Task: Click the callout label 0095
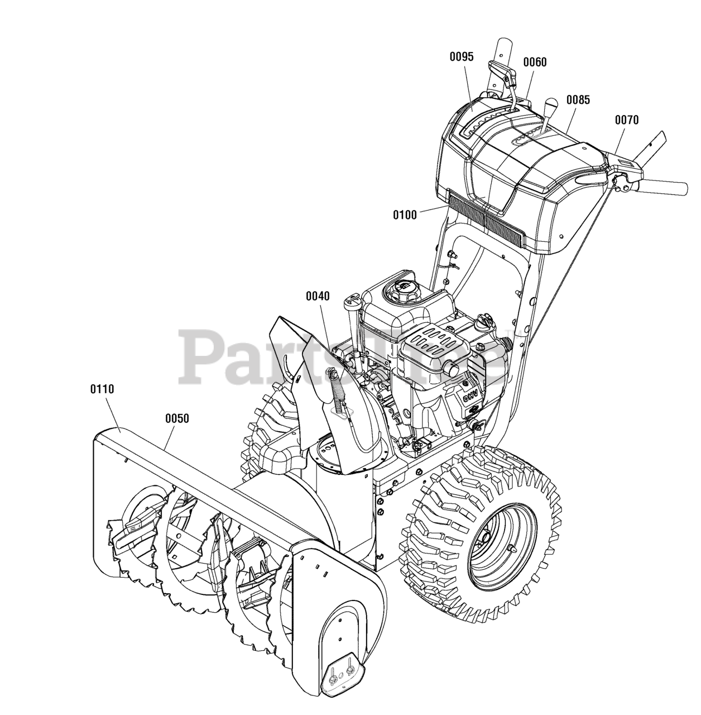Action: [x=462, y=57]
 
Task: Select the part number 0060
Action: [x=535, y=63]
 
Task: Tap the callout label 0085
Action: [x=578, y=101]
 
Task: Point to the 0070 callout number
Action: [x=627, y=120]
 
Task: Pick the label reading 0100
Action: [x=405, y=214]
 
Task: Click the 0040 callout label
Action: [x=318, y=297]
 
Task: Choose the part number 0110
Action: [x=102, y=389]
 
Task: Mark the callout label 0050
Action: [x=177, y=418]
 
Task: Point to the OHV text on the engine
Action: [x=467, y=398]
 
